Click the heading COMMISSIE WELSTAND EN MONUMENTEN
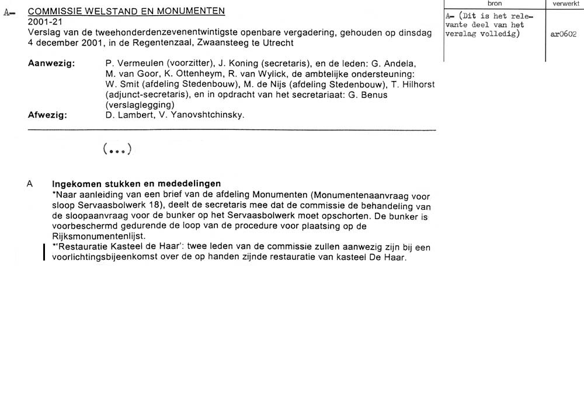(x=126, y=12)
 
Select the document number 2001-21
(x=44, y=22)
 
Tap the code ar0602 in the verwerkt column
(x=563, y=34)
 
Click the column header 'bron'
(x=494, y=3)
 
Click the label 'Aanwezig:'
(x=51, y=64)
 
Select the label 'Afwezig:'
(x=47, y=115)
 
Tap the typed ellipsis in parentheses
(x=117, y=150)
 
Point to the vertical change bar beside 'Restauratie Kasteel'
(x=44, y=252)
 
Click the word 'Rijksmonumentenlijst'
(x=93, y=237)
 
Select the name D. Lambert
(x=127, y=115)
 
